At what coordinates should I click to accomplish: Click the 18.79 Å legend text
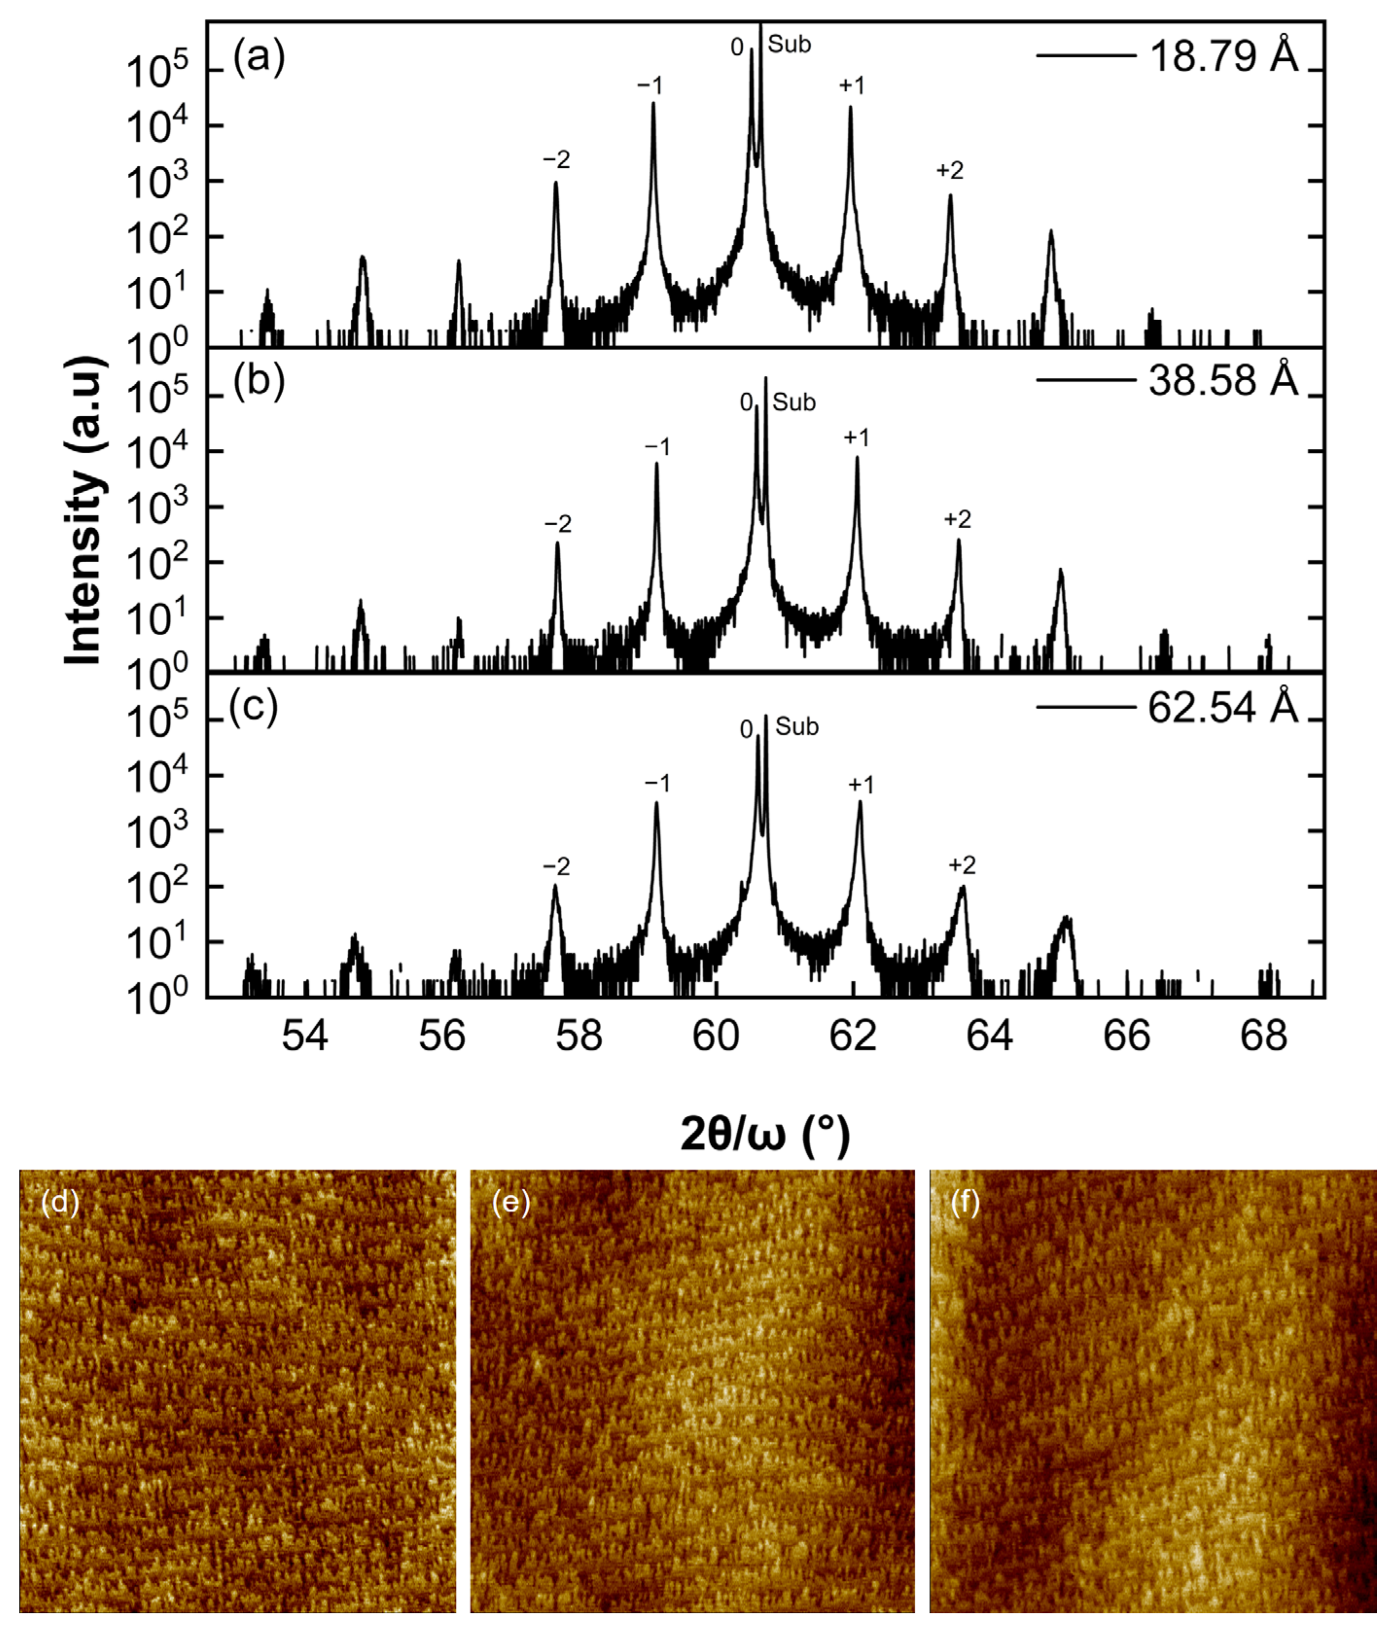(1223, 56)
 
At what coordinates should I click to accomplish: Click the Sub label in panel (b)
(794, 403)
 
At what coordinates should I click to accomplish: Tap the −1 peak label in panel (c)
(657, 783)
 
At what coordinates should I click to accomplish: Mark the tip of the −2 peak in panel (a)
(556, 184)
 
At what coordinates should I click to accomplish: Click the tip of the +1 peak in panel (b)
(857, 458)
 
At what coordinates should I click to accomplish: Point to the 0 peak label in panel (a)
(737, 48)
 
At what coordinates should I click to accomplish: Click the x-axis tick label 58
(579, 1036)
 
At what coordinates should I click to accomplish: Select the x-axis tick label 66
(1126, 1036)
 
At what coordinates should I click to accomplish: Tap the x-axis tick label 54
(305, 1036)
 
